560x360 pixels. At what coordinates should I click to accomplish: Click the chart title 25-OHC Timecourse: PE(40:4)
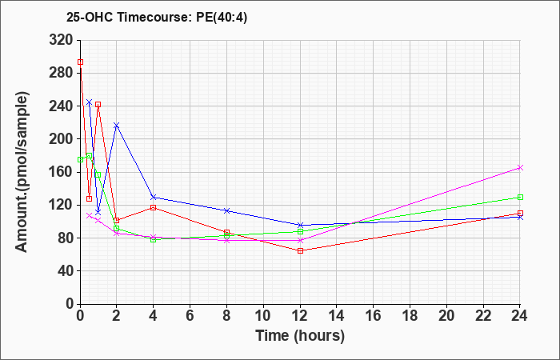157,18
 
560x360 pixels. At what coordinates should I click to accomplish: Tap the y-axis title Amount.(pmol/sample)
22,172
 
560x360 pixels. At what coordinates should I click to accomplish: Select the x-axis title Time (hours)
300,336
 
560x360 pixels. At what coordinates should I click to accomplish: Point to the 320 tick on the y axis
60,40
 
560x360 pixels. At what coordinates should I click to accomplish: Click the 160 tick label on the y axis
60,172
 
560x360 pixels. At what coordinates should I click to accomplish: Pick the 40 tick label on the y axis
64,271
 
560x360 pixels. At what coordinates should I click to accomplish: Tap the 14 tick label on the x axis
337,316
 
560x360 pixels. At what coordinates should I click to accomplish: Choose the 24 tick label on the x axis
520,316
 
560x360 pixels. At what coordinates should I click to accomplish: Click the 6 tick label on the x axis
190,316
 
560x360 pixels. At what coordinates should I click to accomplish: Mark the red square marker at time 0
80,62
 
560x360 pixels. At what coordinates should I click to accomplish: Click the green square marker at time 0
80,160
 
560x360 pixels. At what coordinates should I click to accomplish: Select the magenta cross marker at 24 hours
520,168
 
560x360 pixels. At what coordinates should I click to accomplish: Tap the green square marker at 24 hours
520,197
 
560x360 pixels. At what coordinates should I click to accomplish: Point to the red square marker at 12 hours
300,250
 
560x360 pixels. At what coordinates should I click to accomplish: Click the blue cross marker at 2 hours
117,126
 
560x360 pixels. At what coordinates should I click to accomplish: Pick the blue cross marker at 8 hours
226,210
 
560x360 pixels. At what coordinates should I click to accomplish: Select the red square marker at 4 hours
154,207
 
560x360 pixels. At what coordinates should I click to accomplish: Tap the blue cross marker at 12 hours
300,225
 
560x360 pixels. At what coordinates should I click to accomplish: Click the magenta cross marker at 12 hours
300,240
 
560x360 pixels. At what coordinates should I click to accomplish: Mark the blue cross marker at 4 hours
154,197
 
